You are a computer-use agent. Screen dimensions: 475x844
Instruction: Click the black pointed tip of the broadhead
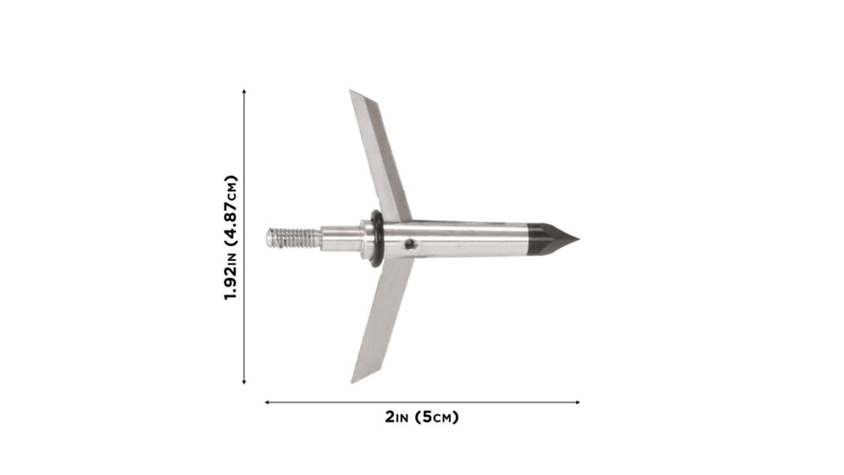click(552, 238)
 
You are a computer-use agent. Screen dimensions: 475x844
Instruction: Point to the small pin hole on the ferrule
click(412, 244)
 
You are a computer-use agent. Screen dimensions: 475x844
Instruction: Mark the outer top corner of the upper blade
click(352, 92)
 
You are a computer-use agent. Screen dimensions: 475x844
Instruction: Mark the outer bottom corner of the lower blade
click(353, 381)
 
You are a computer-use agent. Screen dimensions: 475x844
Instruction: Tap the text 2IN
click(398, 417)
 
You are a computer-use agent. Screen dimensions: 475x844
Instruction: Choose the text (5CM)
click(437, 417)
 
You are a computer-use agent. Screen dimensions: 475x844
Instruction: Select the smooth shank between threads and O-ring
click(342, 237)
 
